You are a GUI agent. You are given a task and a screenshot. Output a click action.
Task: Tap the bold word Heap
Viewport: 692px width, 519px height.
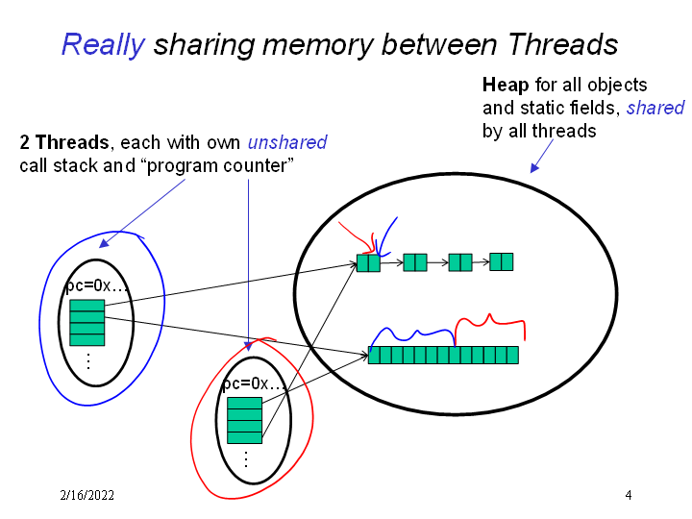pos(505,85)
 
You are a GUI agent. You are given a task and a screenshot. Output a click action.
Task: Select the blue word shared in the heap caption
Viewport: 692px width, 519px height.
pos(655,108)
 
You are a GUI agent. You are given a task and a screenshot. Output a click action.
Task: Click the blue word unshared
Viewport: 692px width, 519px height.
pos(287,143)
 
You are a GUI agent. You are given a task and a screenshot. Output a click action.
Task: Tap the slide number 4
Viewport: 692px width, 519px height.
pos(628,496)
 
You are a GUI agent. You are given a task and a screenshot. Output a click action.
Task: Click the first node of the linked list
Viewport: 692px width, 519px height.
pos(368,262)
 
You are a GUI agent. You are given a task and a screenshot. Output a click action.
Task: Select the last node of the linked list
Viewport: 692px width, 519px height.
pos(501,261)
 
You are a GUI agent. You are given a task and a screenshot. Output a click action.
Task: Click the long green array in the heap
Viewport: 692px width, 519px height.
pos(443,355)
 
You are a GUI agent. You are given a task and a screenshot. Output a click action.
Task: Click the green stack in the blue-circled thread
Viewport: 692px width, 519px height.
pos(86,322)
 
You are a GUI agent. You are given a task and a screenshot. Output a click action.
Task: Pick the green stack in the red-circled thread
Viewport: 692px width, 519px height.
pos(244,420)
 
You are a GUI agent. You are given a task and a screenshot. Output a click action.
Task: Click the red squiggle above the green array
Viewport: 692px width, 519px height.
pos(490,323)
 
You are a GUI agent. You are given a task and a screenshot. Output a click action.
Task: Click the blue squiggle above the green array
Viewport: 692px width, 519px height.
pos(413,333)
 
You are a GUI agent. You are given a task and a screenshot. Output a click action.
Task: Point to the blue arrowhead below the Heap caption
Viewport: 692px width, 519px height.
pos(534,168)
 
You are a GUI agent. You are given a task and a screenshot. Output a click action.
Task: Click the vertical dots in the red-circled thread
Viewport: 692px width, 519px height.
pos(245,459)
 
